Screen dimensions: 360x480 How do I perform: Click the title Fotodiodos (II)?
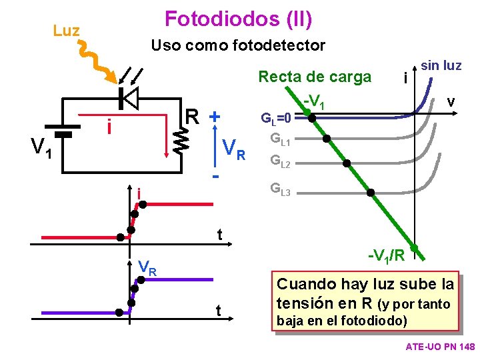pyautogui.click(x=238, y=19)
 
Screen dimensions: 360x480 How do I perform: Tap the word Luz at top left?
pyautogui.click(x=66, y=31)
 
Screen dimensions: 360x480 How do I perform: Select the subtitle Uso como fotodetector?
pyautogui.click(x=238, y=46)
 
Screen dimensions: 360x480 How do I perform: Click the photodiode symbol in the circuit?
pyautogui.click(x=128, y=98)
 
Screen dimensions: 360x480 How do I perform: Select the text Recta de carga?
pyautogui.click(x=315, y=77)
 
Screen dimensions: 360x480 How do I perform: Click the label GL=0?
pyautogui.click(x=275, y=119)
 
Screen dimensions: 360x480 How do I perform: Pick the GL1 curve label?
pyautogui.click(x=279, y=139)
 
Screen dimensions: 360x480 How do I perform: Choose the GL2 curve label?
pyautogui.click(x=279, y=161)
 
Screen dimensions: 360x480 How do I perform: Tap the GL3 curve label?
pyautogui.click(x=279, y=189)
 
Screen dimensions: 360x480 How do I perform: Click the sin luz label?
pyautogui.click(x=441, y=65)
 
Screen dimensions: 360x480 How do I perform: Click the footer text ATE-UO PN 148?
pyautogui.click(x=439, y=347)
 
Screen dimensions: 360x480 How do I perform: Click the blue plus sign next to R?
pyautogui.click(x=215, y=116)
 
